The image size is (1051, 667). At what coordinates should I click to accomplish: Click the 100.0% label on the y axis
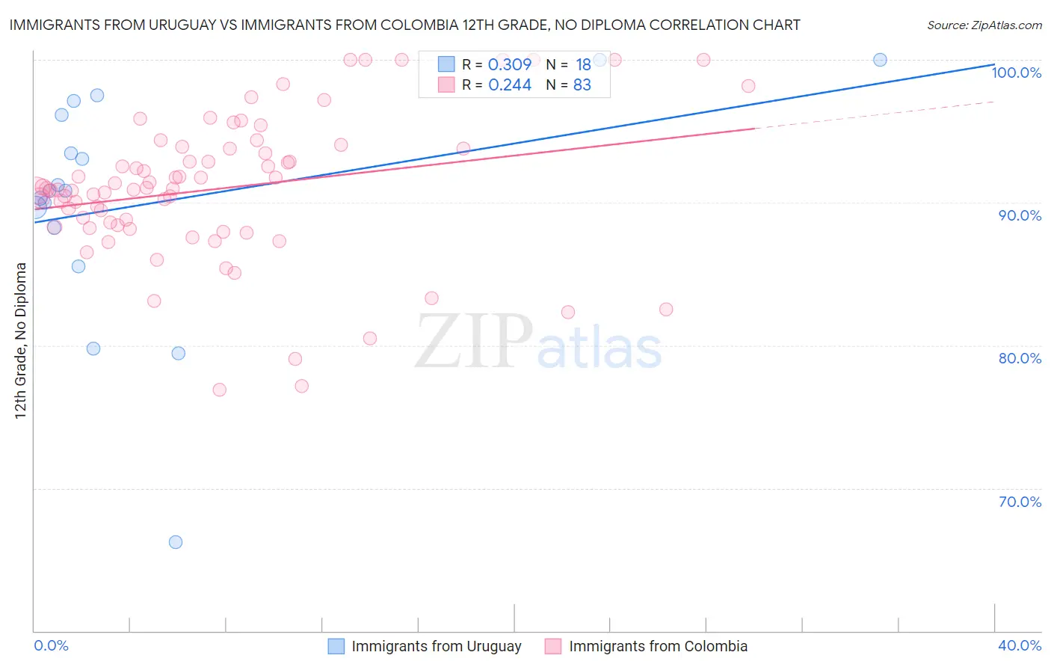tap(1016, 73)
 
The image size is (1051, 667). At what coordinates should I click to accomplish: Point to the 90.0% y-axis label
tap(1020, 215)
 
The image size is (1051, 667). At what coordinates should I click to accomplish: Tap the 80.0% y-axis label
tap(1020, 358)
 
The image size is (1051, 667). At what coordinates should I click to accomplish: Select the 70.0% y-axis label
tap(1020, 502)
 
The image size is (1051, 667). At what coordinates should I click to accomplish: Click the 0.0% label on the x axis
tap(51, 645)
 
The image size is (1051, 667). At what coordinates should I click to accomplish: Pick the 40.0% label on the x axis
tap(1020, 645)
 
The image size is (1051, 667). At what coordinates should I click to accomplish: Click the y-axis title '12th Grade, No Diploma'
tap(21, 340)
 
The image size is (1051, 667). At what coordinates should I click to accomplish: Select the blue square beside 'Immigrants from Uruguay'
tap(336, 646)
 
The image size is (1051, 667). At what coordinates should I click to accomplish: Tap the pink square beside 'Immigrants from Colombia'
tap(553, 646)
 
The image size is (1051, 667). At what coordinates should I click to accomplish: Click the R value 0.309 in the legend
tap(509, 64)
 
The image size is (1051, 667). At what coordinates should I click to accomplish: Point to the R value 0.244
tap(509, 85)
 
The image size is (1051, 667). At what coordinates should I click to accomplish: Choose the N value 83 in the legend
tap(582, 85)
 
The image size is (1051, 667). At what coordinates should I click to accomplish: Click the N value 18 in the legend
tap(583, 64)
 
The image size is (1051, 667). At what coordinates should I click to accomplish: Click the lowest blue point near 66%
tap(176, 542)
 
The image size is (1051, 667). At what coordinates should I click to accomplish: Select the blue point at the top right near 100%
tap(880, 60)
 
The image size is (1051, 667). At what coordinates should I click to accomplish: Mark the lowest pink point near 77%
tap(219, 390)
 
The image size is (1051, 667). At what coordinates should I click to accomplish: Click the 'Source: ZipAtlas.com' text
tap(984, 25)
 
